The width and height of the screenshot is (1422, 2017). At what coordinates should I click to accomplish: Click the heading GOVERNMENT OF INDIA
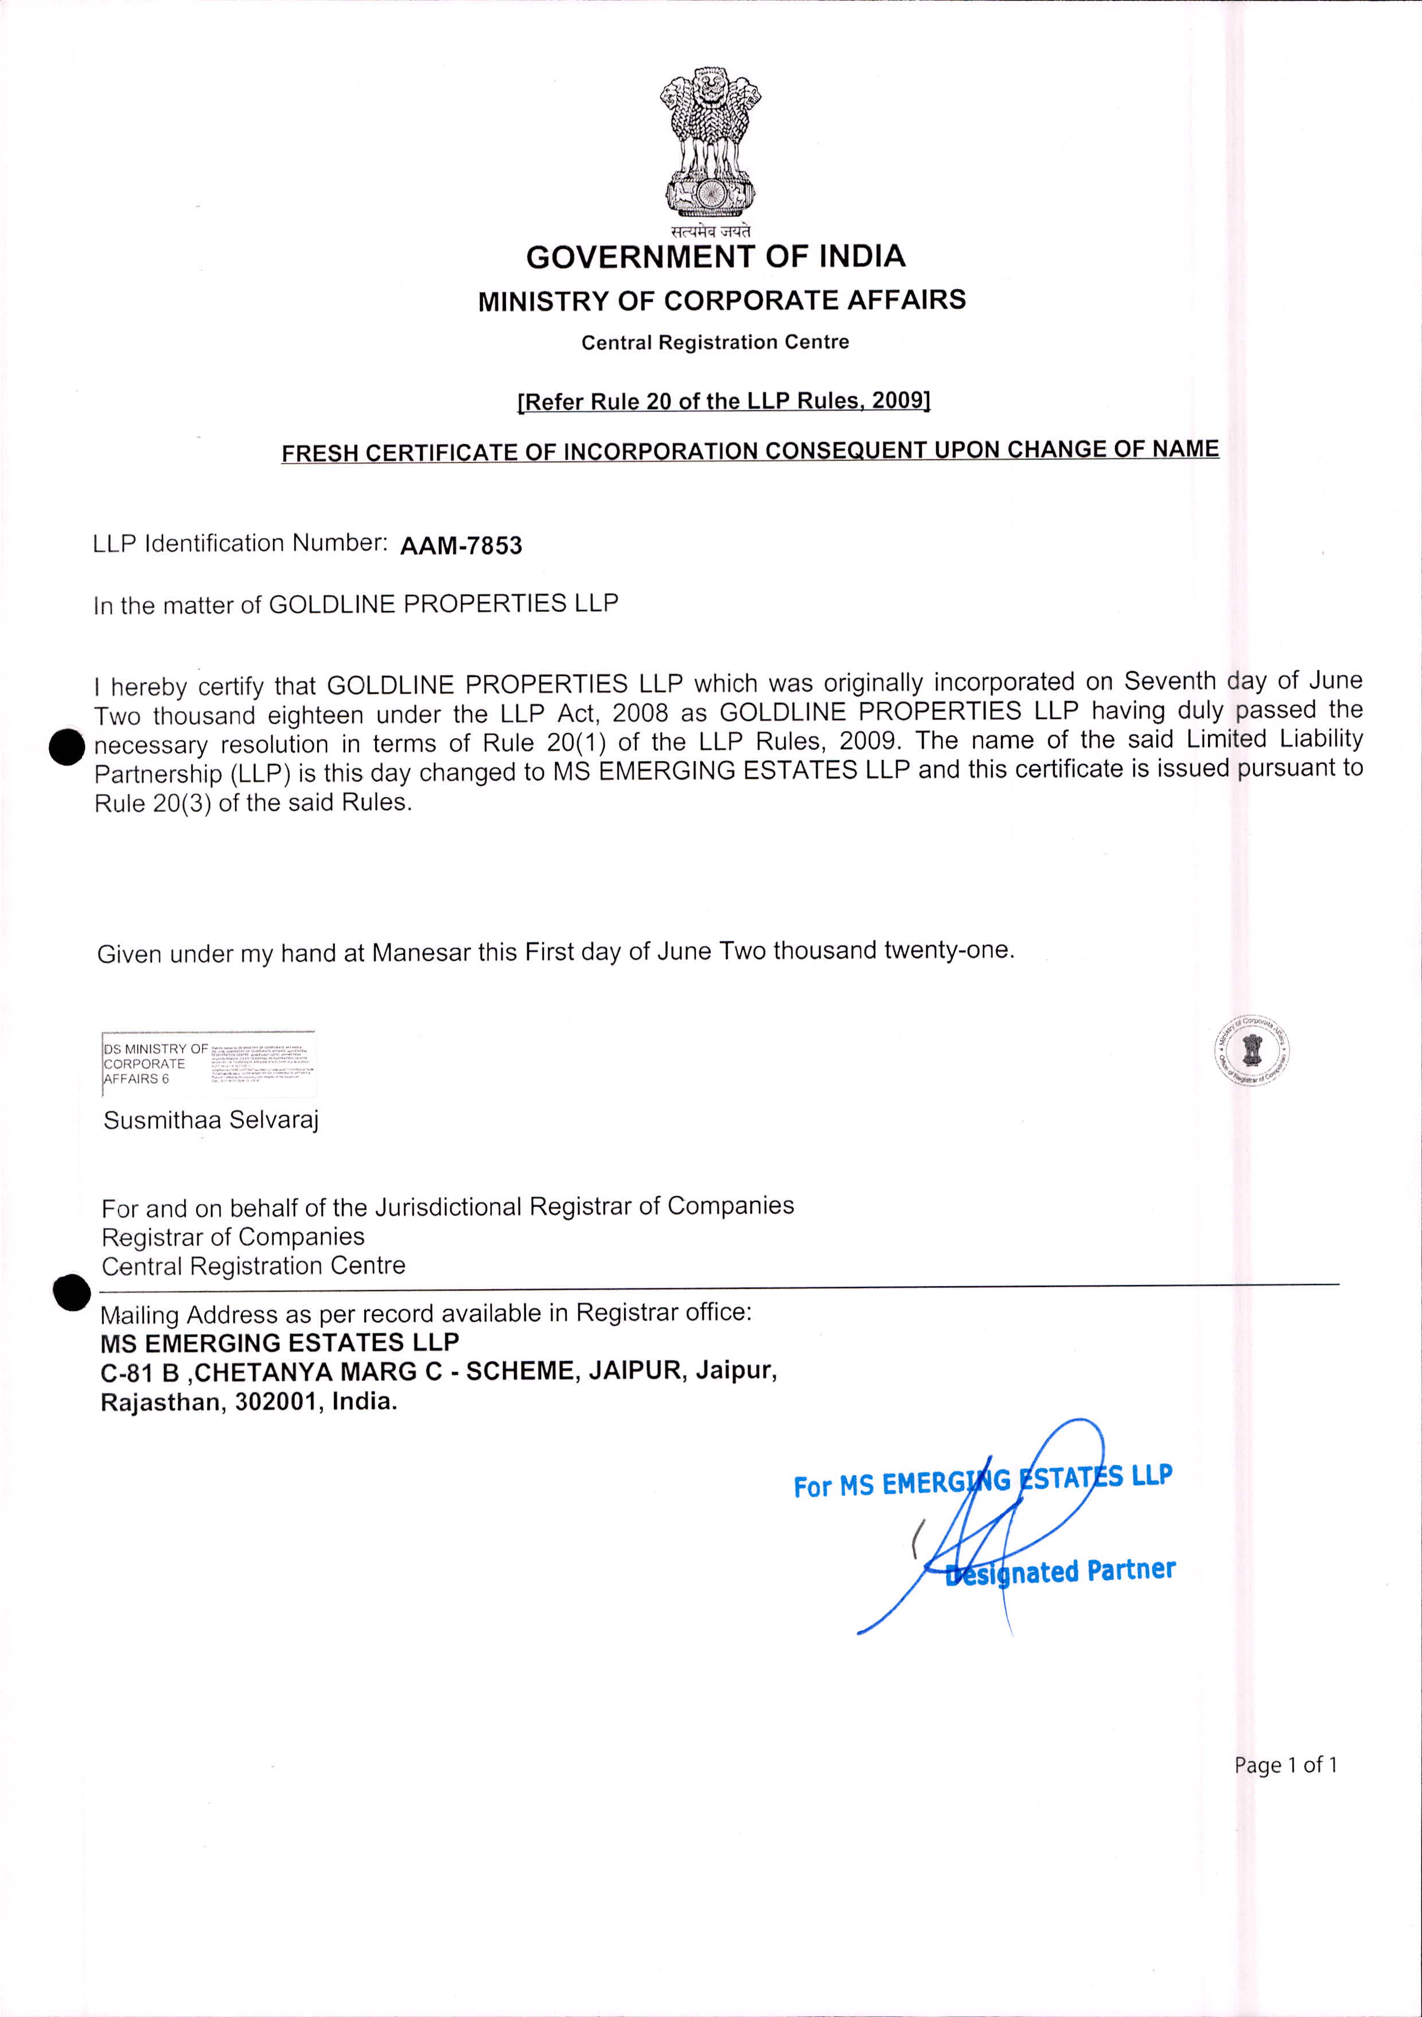[715, 256]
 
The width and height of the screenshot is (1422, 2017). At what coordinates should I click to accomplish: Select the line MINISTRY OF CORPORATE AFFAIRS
[721, 301]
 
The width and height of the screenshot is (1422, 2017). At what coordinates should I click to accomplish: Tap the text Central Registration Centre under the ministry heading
[715, 342]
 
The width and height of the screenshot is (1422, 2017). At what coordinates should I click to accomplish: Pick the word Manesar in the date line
[420, 952]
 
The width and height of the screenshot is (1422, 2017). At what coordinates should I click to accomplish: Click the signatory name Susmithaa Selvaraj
[211, 1120]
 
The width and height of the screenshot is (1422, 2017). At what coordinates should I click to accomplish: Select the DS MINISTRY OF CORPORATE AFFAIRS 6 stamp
[208, 1064]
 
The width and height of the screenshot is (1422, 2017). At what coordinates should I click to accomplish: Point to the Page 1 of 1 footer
[1285, 1764]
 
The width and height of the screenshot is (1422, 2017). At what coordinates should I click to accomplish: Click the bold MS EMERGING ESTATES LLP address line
[279, 1342]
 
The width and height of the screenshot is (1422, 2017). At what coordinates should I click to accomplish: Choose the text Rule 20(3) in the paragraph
[152, 803]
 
